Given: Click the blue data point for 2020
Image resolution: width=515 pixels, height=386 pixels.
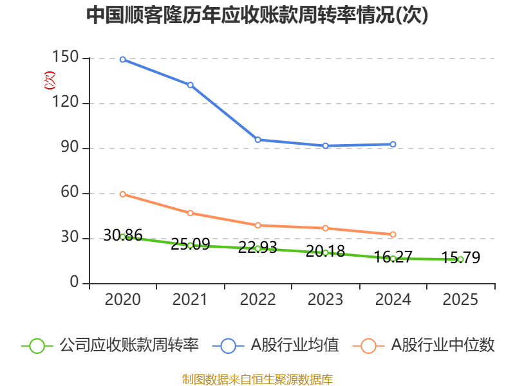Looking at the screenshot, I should click(122, 59).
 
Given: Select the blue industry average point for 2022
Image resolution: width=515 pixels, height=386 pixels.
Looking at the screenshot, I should click(257, 140).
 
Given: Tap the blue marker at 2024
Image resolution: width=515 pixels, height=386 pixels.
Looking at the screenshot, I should click(393, 144).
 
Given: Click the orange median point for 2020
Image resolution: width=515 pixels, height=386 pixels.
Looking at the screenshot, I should click(122, 194).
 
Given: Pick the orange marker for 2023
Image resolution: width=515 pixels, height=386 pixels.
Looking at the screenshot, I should click(325, 228).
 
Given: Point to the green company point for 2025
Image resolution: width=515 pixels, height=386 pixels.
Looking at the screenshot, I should click(460, 259).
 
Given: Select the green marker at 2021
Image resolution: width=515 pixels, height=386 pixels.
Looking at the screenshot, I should click(190, 245).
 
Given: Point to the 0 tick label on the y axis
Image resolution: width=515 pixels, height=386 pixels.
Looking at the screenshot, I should click(75, 283).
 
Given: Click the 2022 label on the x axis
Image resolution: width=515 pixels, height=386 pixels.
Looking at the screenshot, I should click(257, 299).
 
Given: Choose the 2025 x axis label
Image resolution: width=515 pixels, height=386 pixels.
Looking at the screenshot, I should click(460, 299).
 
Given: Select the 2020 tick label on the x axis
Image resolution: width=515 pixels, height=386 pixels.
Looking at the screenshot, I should click(122, 299).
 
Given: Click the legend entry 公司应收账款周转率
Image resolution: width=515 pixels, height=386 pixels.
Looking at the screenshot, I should click(129, 345).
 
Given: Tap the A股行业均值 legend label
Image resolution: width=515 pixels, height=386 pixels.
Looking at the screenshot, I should click(295, 345).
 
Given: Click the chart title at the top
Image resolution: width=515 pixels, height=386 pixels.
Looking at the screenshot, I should click(257, 16).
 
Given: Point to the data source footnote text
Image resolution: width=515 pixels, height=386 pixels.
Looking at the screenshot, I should click(257, 379).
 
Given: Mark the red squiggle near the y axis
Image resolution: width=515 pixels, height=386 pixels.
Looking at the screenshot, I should click(49, 80).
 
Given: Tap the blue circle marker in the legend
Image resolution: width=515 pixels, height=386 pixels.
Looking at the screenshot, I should click(228, 345).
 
